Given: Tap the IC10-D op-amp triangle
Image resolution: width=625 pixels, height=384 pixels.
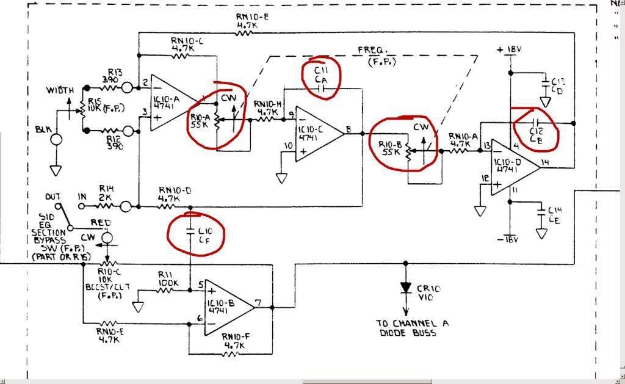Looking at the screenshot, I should [x=513, y=168].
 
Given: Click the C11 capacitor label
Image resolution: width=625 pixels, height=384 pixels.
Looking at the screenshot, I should [x=321, y=74].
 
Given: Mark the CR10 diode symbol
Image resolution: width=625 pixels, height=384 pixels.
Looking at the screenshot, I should [x=405, y=288].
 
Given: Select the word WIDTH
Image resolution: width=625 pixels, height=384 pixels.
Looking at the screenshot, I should [x=61, y=90].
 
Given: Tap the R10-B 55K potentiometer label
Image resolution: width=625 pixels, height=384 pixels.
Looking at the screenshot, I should [x=389, y=148].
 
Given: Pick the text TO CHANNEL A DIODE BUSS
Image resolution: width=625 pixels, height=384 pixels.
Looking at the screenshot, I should [x=412, y=328].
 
